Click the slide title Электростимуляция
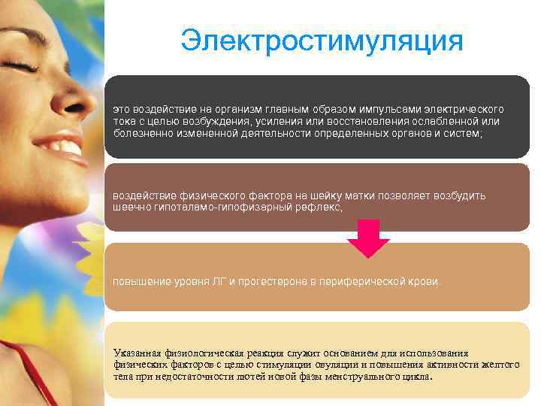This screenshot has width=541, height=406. click(x=322, y=41)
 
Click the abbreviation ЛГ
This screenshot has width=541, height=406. click(x=219, y=281)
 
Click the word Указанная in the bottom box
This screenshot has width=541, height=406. click(x=138, y=353)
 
